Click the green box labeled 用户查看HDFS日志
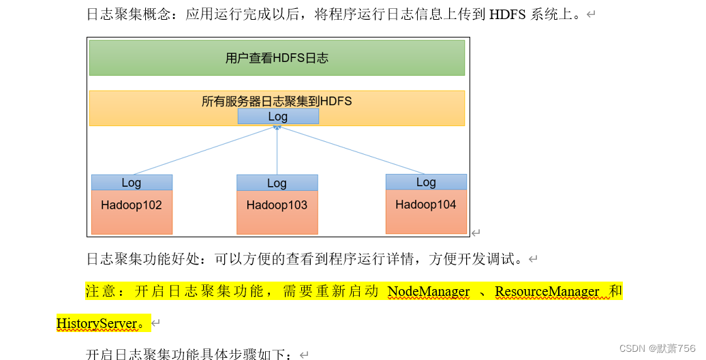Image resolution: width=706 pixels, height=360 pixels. click(277, 58)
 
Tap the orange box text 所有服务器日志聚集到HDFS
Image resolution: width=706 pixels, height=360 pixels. click(277, 102)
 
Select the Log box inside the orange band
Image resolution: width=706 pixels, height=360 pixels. click(277, 117)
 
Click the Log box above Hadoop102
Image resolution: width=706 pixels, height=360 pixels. click(132, 183)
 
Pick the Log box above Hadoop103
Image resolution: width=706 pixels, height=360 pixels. click(277, 183)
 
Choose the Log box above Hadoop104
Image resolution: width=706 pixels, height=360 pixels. click(426, 182)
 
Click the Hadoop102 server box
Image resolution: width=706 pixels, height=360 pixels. click(132, 211)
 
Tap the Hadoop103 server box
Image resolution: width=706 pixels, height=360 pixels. click(277, 211)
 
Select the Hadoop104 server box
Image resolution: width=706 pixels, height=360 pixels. click(426, 211)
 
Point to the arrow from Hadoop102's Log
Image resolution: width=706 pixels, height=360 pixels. click(204, 150)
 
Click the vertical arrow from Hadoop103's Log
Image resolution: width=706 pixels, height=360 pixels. click(277, 150)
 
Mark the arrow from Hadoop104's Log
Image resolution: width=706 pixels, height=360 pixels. click(351, 150)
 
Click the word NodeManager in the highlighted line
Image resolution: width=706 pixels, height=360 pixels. click(429, 292)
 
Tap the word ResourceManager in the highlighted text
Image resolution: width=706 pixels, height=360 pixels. click(547, 292)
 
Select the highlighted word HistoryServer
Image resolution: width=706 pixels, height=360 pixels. click(97, 323)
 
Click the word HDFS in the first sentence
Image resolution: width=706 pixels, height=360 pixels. click(507, 14)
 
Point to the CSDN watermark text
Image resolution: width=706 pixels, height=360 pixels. click(657, 348)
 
